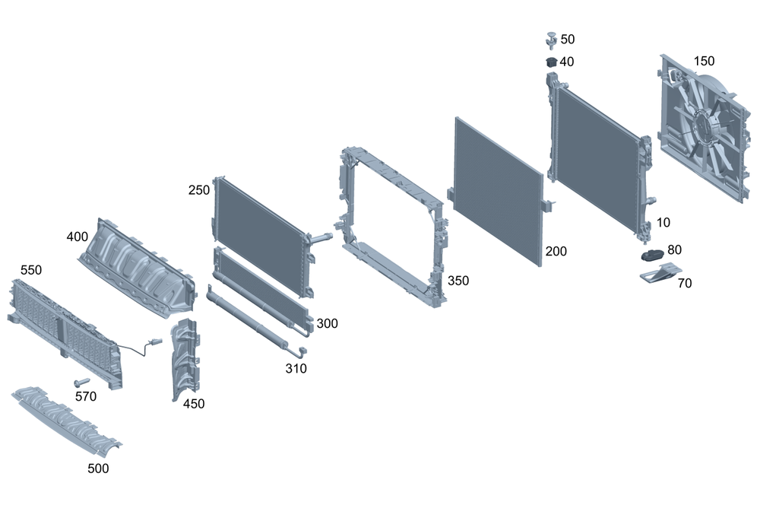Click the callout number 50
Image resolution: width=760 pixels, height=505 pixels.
pos(568,40)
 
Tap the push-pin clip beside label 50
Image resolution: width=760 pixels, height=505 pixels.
pos(551,40)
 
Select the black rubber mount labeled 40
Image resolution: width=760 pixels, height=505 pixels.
pos(551,62)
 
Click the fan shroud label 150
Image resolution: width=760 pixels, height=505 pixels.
pos(704,61)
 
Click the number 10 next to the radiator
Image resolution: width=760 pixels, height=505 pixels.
pos(663,223)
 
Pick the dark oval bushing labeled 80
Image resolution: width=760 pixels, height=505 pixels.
pos(652,255)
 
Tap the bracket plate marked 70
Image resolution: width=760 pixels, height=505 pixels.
pos(660,272)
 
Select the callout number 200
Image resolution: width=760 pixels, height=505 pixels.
pos(556,251)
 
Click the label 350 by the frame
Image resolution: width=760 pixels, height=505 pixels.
pos(458,281)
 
